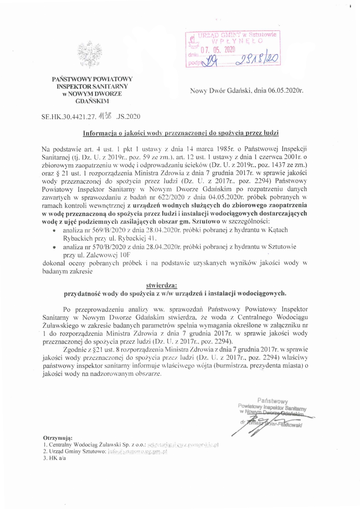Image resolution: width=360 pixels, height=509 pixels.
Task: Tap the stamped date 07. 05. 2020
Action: click(218, 50)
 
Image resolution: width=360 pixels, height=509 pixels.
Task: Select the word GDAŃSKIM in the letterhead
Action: click(92, 101)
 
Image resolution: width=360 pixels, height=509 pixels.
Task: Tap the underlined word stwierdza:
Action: click(161, 286)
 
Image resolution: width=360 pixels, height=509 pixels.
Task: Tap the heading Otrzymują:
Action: click(58, 438)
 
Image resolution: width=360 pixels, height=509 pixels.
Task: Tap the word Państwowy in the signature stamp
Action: click(273, 401)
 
